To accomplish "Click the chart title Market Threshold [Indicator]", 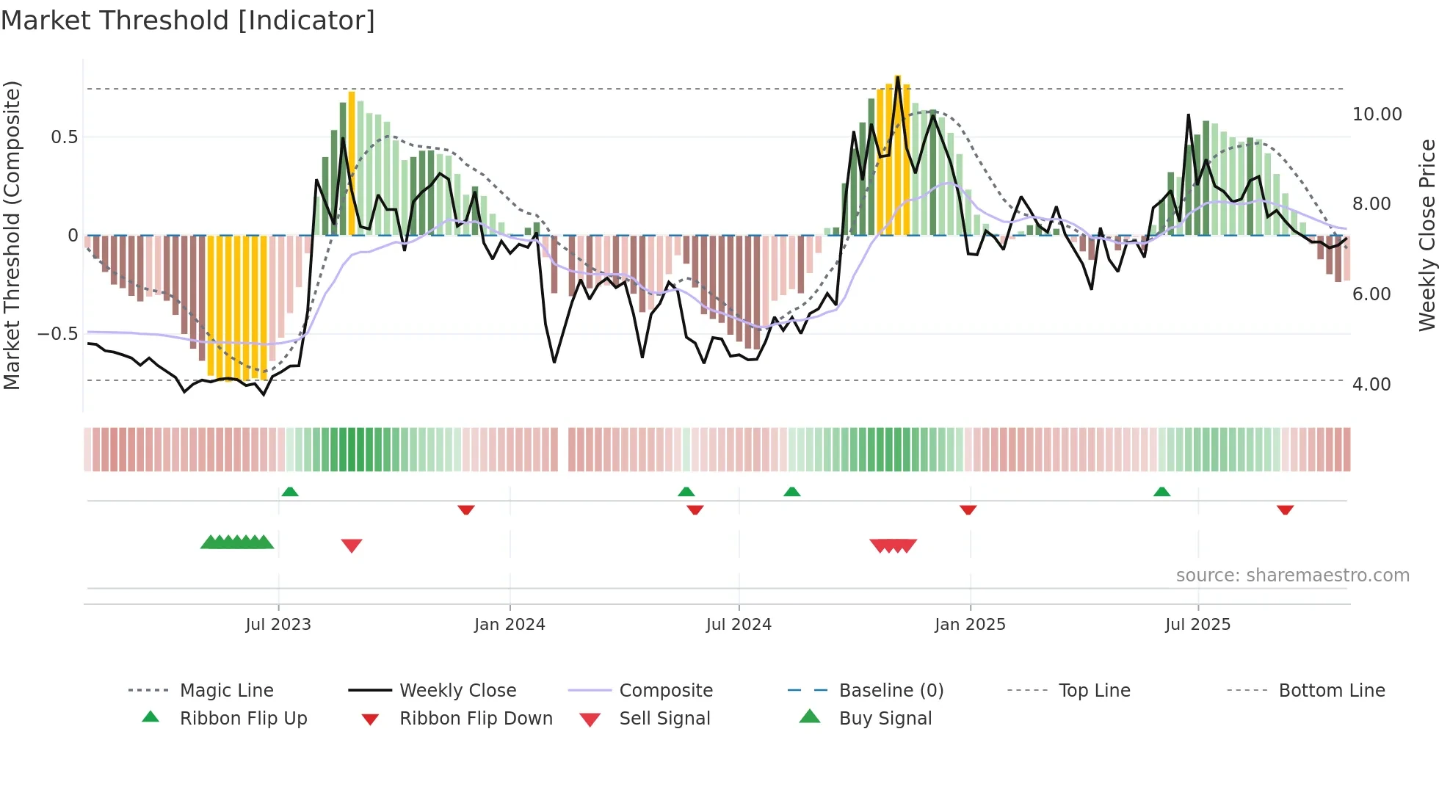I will (x=188, y=21).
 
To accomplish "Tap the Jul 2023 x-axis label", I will (x=278, y=625).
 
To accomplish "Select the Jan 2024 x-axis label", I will (x=510, y=625).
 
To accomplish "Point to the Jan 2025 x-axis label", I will (x=970, y=625).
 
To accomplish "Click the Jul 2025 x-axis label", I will (x=1197, y=625).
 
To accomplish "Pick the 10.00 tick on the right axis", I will (x=1377, y=115).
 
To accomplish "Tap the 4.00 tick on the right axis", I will (x=1371, y=385).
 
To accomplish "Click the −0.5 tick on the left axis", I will (x=57, y=334).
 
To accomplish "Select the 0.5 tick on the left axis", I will (x=64, y=137).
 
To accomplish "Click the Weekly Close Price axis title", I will (x=1426, y=235).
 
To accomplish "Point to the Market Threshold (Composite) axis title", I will (x=12, y=235).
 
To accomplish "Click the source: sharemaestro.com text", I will (x=1292, y=576).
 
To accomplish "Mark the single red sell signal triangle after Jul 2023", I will (x=352, y=545).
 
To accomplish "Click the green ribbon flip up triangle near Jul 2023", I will (x=290, y=492).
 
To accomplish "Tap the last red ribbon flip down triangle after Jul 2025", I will (x=1285, y=509).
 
